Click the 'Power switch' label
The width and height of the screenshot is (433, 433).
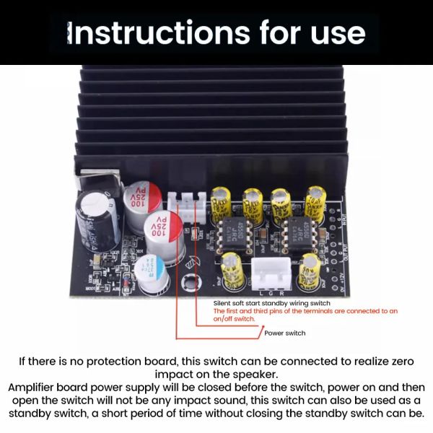tap(285, 333)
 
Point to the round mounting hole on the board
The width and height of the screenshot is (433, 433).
tap(189, 282)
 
